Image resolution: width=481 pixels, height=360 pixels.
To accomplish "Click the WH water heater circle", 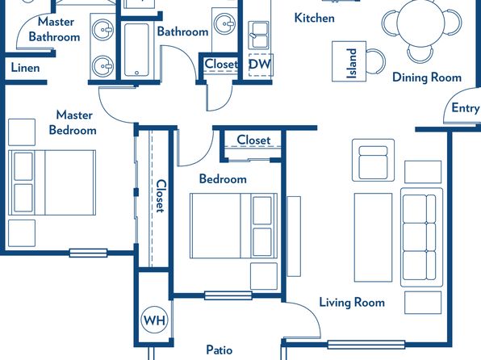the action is (155, 320).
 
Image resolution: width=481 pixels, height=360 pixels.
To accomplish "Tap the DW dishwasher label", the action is (260, 64).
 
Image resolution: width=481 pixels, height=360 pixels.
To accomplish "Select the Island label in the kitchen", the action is (352, 63).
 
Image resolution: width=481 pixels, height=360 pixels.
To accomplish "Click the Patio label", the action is (219, 350).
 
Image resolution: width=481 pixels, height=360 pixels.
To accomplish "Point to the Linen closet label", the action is (25, 68).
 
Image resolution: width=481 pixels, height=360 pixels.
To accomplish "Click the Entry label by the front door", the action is (465, 108).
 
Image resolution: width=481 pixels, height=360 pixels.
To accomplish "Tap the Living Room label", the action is (352, 303).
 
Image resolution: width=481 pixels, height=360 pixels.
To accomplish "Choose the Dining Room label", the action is (427, 77).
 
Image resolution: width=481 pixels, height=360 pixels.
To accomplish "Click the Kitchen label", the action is (315, 18).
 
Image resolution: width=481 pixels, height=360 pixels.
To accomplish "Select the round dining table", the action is (421, 23).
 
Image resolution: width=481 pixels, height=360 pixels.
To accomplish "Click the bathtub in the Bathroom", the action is (136, 50).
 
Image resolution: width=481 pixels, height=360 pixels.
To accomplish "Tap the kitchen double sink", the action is (258, 35).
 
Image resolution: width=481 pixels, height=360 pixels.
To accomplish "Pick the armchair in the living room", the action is (373, 160).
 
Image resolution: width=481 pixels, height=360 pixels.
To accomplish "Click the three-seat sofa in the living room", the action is (421, 237).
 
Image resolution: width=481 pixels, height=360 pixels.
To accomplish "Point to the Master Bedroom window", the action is (88, 253).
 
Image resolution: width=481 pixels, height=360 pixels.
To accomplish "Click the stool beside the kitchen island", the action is (376, 61).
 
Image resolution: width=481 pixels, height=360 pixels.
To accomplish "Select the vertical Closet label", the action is (161, 196).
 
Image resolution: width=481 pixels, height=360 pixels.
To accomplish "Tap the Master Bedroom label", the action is (73, 123).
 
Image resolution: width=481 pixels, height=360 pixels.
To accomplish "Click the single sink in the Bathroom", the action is (224, 23).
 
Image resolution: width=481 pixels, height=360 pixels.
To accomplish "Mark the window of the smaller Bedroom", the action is (228, 295).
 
